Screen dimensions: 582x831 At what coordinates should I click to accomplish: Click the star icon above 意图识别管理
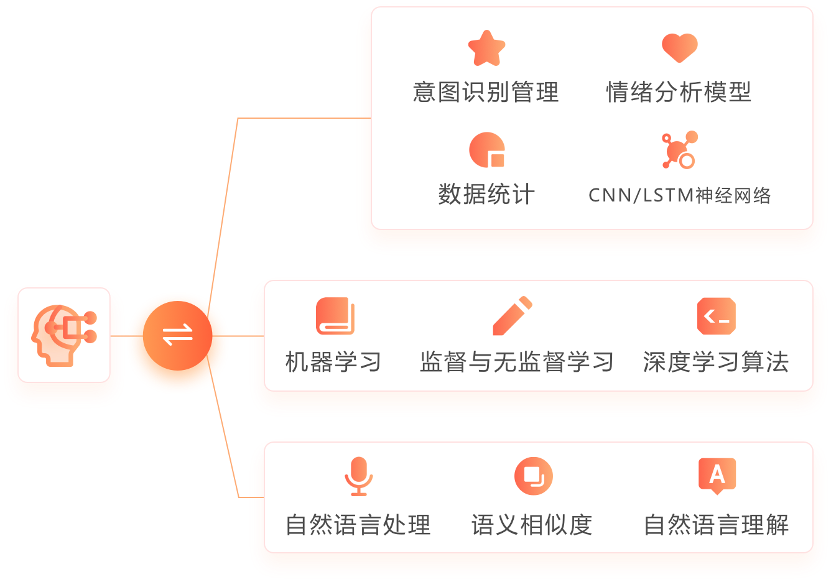tap(486, 48)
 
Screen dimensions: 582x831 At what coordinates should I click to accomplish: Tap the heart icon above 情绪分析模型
tap(679, 47)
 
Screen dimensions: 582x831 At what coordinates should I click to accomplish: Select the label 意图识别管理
tap(486, 92)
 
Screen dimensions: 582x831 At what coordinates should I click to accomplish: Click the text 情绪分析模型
tap(679, 92)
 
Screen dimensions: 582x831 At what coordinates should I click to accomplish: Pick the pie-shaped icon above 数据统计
tap(486, 150)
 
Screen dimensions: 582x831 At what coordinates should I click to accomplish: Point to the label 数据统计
tap(486, 194)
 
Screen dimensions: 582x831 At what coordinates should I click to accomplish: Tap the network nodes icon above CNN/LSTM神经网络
tap(679, 150)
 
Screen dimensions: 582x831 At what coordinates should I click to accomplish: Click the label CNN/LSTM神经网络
tap(679, 195)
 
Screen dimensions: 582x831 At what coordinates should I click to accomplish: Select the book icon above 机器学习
tap(335, 316)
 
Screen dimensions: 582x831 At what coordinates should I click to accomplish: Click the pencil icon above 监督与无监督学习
tap(513, 316)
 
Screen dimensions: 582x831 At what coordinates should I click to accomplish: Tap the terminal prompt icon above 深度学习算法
tap(717, 316)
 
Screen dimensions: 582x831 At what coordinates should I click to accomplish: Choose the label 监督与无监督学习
tap(517, 362)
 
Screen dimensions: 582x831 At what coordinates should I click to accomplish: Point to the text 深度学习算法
tap(716, 362)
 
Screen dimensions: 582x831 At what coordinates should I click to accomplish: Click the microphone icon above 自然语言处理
tap(358, 476)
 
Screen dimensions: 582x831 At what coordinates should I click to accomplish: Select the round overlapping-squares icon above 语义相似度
tap(533, 476)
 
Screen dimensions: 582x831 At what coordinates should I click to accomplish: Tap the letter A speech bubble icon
tap(717, 476)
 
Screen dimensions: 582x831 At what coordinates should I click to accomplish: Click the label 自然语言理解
tap(716, 525)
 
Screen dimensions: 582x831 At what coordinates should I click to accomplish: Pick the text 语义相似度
tap(532, 525)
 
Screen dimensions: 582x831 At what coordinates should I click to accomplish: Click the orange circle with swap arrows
tap(178, 335)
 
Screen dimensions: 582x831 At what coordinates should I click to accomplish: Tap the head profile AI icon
tap(64, 335)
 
